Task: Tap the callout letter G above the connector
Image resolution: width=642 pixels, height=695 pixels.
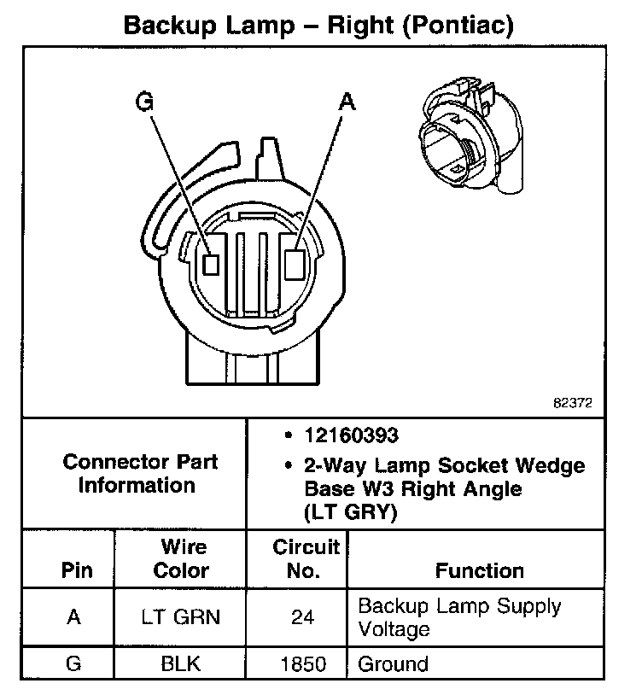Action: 146,102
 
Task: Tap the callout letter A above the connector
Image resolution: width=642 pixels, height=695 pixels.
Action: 347,102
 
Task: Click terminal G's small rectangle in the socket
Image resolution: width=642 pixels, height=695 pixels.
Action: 210,263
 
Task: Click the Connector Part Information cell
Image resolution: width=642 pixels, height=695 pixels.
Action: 140,474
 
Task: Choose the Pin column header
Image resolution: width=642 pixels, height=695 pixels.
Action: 75,570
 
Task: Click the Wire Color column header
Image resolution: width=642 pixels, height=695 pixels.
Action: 182,558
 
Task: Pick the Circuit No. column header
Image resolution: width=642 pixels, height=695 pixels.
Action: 305,558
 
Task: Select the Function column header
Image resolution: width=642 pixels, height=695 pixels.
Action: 480,570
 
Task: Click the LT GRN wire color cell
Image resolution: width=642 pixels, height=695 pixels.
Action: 182,617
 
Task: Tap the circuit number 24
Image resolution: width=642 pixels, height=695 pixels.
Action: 303,617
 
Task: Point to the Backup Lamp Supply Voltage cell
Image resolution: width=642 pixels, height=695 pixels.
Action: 459,617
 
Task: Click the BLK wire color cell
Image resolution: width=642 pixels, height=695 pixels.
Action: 182,663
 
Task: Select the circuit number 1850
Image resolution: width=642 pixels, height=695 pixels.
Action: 303,663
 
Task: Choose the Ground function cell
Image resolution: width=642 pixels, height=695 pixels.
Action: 393,663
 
